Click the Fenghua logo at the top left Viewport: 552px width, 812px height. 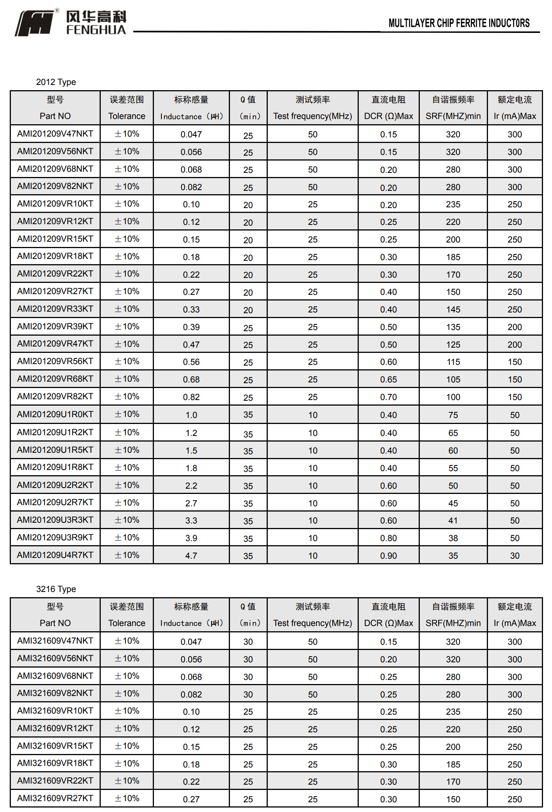pos(70,23)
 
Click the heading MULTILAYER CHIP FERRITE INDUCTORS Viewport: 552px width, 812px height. pos(459,23)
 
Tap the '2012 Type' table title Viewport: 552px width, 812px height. pos(56,82)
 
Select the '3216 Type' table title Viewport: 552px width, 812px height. pos(56,589)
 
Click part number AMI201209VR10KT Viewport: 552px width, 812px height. pos(55,204)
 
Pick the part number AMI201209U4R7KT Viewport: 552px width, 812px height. pos(55,555)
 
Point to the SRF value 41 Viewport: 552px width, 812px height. pos(453,521)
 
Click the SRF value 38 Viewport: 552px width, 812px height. pos(453,538)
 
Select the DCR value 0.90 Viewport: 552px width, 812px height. pos(388,556)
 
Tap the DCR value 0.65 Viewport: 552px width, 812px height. pos(388,379)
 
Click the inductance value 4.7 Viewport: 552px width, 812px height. pos(191,556)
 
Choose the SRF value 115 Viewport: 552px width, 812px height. pos(453,362)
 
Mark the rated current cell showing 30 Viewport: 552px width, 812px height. pos(515,556)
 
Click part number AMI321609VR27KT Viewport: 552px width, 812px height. pos(55,798)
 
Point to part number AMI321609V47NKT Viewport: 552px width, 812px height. pos(55,641)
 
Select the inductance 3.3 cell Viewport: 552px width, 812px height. pos(191,521)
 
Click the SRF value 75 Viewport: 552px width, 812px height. pos(453,415)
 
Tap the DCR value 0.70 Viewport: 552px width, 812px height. pos(388,397)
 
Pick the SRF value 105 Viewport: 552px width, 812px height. pos(453,379)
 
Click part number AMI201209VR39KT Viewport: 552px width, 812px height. pos(55,326)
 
